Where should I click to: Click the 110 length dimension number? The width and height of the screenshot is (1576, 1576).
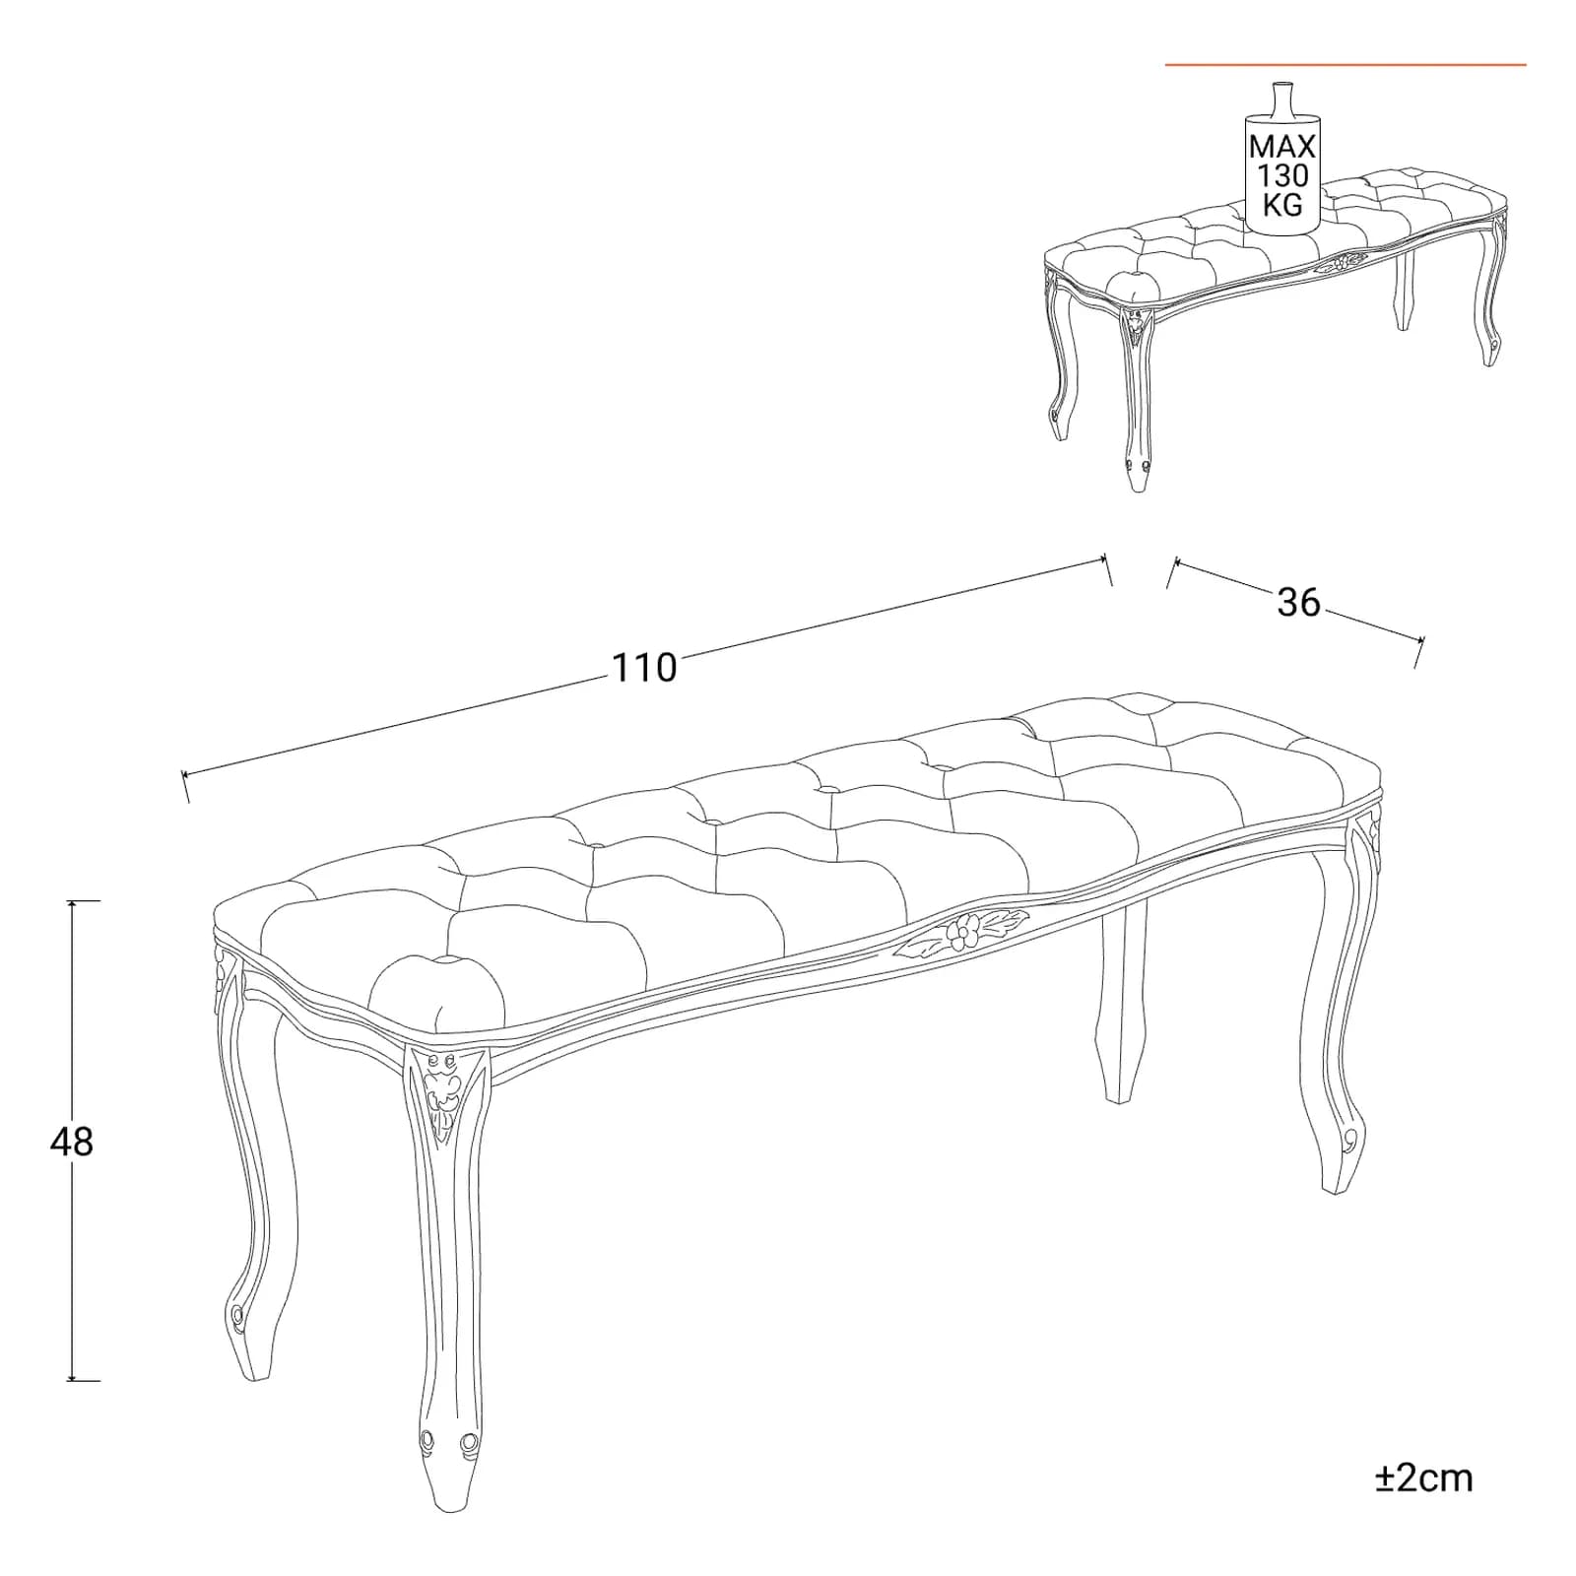645,668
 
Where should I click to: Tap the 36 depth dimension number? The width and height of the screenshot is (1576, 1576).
1298,602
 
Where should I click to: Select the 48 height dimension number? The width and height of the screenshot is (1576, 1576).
71,1142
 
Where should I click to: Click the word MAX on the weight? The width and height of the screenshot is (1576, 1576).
1282,147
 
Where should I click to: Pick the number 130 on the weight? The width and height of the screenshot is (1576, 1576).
1282,175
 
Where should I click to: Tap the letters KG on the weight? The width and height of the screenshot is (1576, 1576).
1282,204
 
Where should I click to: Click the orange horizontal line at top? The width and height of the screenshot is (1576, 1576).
1346,65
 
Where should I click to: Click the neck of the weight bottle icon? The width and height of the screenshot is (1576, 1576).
1281,99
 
